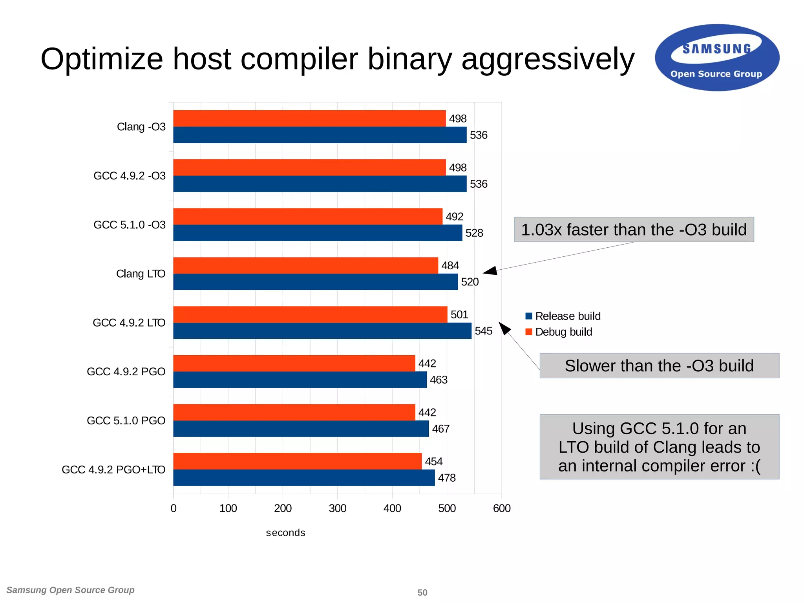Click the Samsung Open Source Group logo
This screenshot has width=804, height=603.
(717, 58)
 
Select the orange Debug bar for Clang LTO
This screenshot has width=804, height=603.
(305, 265)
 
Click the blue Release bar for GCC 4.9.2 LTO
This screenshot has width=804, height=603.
(322, 331)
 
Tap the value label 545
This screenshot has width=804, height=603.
(483, 331)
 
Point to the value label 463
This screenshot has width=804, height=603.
(439, 380)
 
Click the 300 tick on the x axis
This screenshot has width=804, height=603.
(337, 508)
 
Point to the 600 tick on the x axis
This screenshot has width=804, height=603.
(502, 508)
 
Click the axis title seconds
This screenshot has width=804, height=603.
(285, 533)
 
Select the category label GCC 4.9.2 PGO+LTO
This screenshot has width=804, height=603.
(113, 470)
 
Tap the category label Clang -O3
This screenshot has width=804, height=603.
(141, 127)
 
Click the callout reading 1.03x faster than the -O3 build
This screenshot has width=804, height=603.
(634, 230)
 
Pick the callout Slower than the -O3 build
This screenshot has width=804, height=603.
(659, 366)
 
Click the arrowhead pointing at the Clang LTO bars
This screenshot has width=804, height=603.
(491, 270)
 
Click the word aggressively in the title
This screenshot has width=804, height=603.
(548, 59)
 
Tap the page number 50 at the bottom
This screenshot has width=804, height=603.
(422, 592)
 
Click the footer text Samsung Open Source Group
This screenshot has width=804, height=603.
(70, 590)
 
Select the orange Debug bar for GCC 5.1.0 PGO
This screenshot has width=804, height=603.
(294, 412)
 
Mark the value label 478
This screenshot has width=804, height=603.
(447, 478)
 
